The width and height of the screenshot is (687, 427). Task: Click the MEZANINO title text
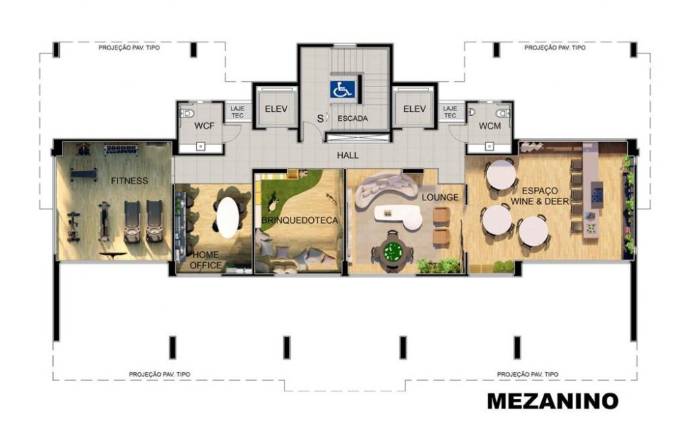click(x=552, y=401)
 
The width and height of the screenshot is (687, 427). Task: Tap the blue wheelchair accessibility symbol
click(x=342, y=89)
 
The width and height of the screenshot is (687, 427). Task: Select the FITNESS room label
click(x=129, y=181)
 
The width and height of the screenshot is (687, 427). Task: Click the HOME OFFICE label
click(x=206, y=259)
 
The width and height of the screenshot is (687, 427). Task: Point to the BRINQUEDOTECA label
click(x=300, y=220)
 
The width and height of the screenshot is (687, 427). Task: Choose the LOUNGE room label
click(x=440, y=197)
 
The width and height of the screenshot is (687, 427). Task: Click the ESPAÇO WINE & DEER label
click(x=540, y=196)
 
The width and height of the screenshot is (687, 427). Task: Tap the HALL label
click(x=348, y=155)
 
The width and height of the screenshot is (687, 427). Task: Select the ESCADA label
click(x=352, y=118)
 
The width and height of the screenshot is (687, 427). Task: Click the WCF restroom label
click(x=204, y=126)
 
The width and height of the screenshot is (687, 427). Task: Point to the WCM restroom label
click(x=489, y=126)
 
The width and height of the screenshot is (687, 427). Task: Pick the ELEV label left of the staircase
click(x=276, y=108)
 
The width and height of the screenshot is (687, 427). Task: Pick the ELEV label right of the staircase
click(x=414, y=108)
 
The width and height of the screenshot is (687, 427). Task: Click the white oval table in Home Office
click(x=228, y=217)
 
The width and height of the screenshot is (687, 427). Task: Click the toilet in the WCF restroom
click(x=187, y=114)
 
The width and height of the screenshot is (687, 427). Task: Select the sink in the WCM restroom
click(x=489, y=147)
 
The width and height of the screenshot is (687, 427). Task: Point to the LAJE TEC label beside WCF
click(x=237, y=112)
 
